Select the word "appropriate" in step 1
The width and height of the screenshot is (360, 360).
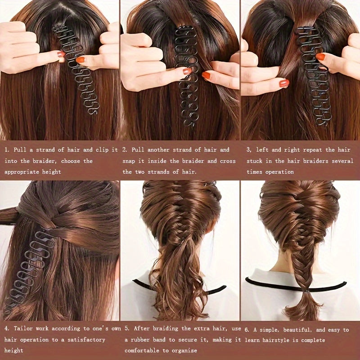(x=24, y=172)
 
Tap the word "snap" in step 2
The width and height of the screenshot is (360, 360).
(x=131, y=161)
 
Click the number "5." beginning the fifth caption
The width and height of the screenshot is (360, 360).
(x=127, y=329)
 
